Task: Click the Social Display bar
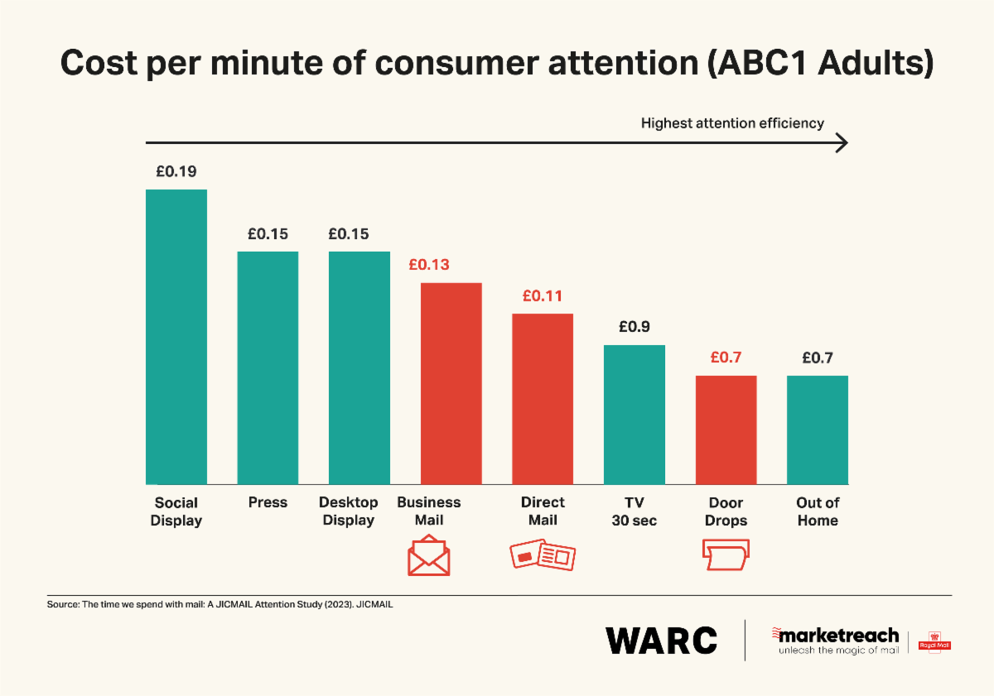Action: coord(176,336)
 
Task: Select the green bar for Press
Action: coord(268,367)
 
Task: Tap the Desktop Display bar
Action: coord(359,367)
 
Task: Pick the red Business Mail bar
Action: coord(451,383)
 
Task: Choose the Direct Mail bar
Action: coord(543,399)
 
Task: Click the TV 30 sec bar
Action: coord(635,414)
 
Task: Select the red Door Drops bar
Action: coord(726,430)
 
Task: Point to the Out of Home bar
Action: coord(818,430)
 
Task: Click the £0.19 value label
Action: coord(176,172)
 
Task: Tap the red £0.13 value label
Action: coord(428,265)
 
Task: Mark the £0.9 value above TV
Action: coord(634,327)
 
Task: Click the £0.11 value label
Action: coord(542,296)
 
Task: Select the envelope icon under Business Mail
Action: coord(428,557)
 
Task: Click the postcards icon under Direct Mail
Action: coord(542,555)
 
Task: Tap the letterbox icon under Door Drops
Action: coord(726,554)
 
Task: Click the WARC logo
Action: coord(661,640)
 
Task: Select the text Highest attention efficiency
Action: coord(732,123)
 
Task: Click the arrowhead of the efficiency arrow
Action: coord(842,144)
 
